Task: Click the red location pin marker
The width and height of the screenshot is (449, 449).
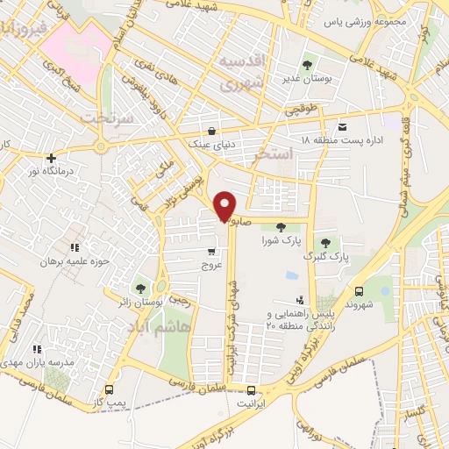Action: [225, 206]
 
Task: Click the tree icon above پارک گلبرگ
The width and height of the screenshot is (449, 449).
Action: [325, 243]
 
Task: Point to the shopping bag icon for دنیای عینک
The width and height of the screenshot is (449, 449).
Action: [210, 128]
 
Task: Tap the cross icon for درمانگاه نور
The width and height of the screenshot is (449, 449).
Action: [52, 159]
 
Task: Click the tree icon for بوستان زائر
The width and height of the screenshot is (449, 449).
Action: [140, 287]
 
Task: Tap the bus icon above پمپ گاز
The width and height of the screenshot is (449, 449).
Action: [110, 389]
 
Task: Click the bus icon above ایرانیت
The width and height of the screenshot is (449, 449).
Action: [252, 389]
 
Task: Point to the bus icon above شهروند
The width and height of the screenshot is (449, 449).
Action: [359, 291]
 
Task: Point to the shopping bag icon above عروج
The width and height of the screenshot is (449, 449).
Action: [210, 251]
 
